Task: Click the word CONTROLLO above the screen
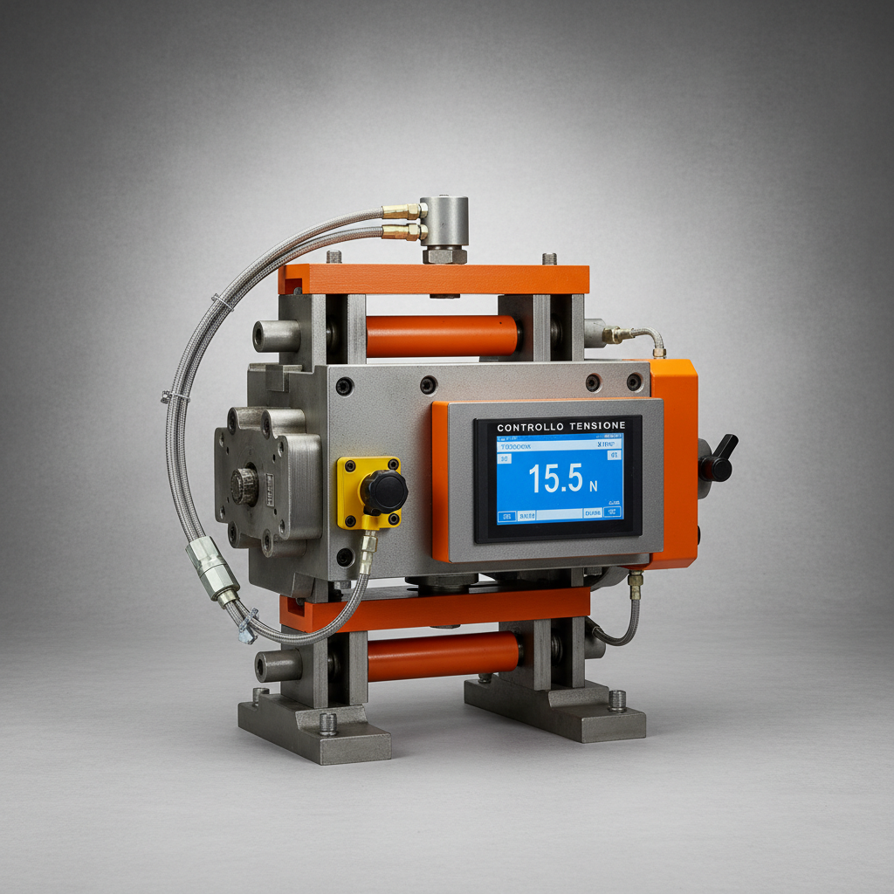tap(529, 426)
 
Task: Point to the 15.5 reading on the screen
tap(555, 478)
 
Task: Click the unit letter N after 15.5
tap(594, 485)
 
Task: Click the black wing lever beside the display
tap(719, 459)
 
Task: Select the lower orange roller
tap(444, 657)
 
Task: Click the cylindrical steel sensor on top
tap(446, 221)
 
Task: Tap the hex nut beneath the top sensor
tap(445, 255)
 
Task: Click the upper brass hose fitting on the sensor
tap(402, 211)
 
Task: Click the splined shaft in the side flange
tap(244, 486)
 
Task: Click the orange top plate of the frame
tap(434, 279)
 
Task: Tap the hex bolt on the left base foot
tap(328, 723)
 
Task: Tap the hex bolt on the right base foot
tap(617, 699)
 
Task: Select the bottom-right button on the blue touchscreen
tap(613, 512)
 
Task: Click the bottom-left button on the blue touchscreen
tap(505, 517)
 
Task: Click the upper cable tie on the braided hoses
tap(224, 303)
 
